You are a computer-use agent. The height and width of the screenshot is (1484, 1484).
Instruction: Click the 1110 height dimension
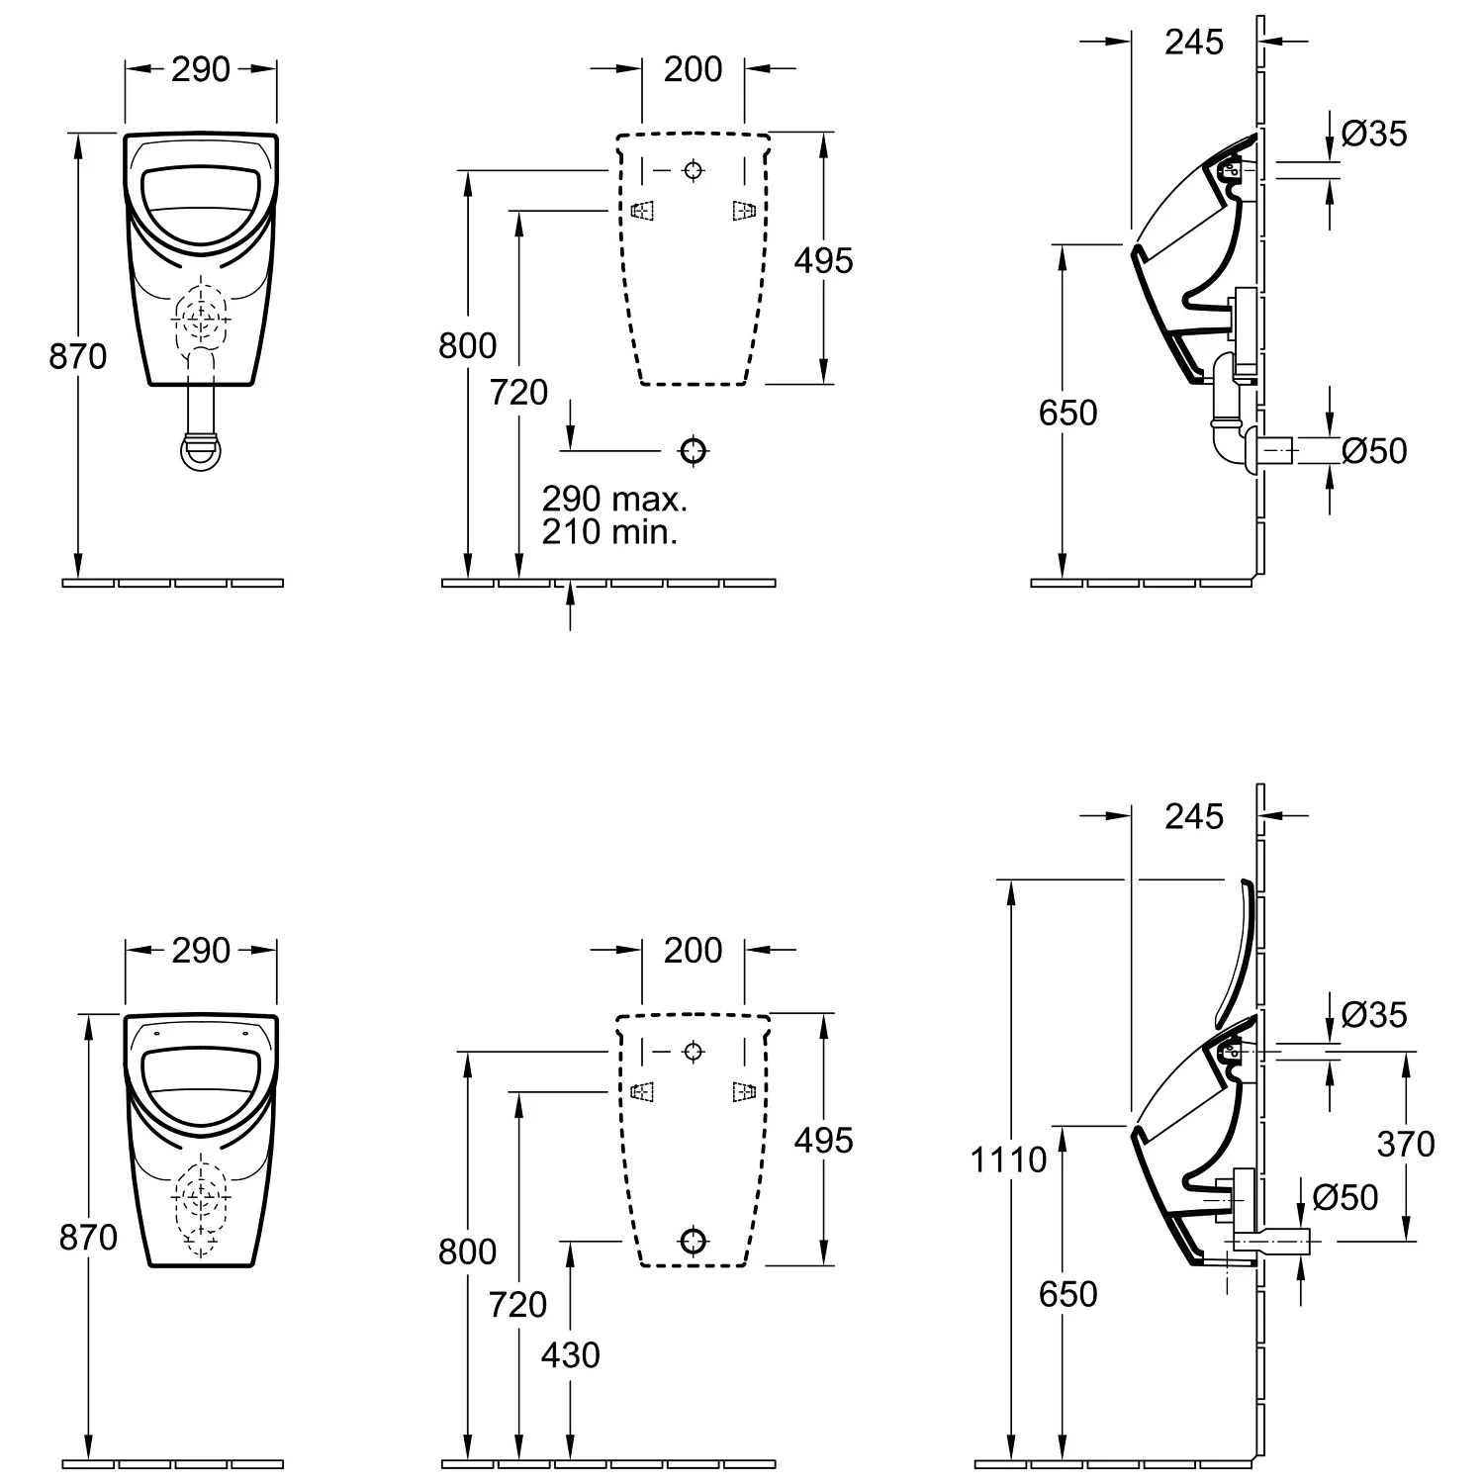click(1007, 1159)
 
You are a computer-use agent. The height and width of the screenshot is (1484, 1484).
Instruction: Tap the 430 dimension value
click(571, 1354)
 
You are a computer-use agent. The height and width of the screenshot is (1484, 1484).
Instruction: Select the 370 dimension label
click(1405, 1144)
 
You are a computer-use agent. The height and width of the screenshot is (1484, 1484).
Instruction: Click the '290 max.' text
click(614, 499)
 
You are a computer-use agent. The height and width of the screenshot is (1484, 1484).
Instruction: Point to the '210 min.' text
click(609, 532)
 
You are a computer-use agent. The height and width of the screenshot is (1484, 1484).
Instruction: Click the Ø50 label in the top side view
click(1374, 451)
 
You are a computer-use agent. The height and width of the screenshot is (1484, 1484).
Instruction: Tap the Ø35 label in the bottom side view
click(1374, 1014)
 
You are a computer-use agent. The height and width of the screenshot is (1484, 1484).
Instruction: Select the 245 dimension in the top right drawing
click(1194, 42)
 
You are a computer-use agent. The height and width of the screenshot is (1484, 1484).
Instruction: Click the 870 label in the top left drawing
click(78, 356)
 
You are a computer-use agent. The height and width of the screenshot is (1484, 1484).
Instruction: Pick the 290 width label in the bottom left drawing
click(201, 951)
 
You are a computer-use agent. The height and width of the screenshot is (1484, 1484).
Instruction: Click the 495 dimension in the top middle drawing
click(823, 260)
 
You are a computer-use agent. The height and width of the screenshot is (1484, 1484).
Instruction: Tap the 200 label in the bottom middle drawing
click(693, 951)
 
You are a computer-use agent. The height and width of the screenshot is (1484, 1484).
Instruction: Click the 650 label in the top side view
click(1067, 413)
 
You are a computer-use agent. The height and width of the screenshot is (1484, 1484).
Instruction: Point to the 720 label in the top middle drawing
click(519, 393)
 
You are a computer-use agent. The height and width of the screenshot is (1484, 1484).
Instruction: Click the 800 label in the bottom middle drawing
click(467, 1252)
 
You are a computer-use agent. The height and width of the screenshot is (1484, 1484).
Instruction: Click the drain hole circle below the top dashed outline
click(694, 451)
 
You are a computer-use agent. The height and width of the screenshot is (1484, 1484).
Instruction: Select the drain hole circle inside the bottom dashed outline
click(694, 1240)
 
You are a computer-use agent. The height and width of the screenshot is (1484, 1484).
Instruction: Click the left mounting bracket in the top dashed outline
click(643, 211)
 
